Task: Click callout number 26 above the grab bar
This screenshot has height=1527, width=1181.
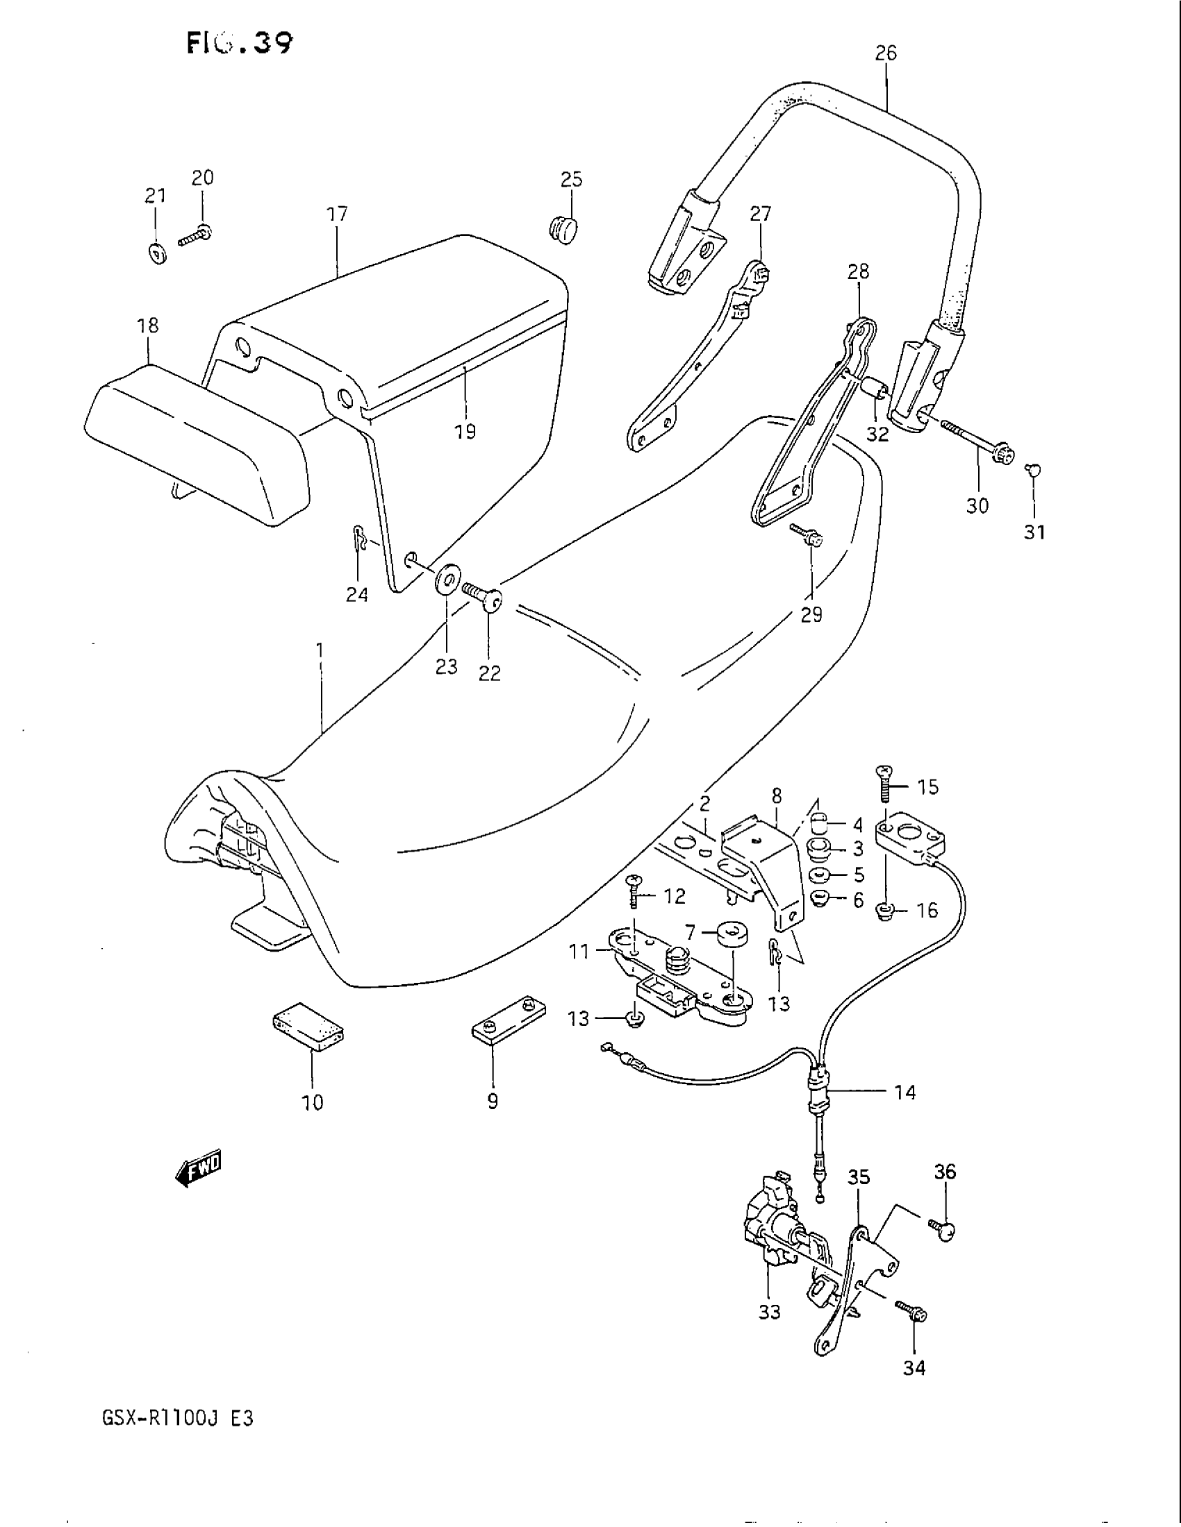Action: tap(885, 53)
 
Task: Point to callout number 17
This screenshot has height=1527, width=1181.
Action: tap(337, 214)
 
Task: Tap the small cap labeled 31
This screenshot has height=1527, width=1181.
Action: tap(1032, 469)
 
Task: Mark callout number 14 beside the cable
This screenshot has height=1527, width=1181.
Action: tap(905, 1092)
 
